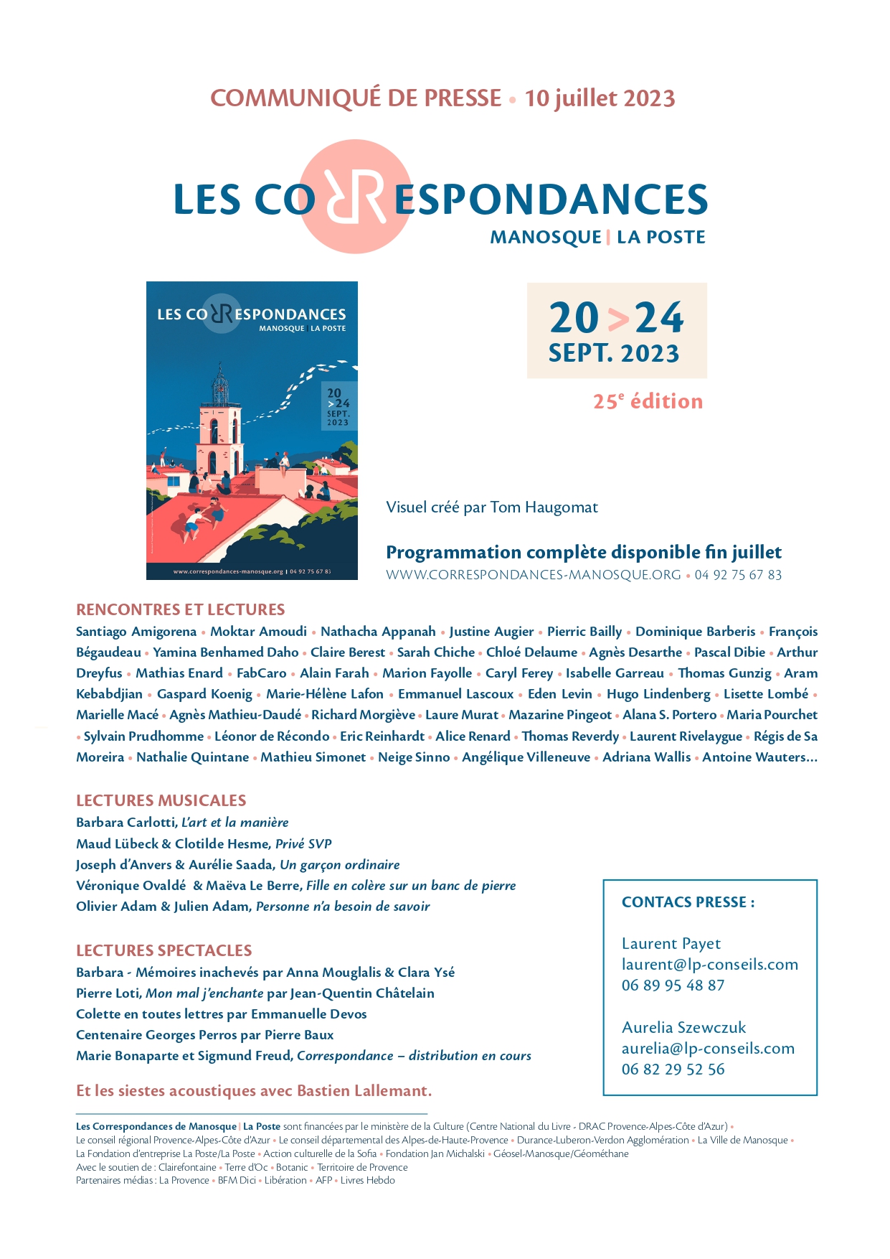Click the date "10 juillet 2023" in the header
coord(600,98)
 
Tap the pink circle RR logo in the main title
coord(355,197)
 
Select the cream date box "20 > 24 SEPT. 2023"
coord(617,330)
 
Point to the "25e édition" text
coord(648,401)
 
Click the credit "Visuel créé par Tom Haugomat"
coord(492,507)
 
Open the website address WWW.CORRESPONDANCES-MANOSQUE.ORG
coord(534,575)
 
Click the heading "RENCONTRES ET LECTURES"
coord(181,609)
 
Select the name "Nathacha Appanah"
coord(378,632)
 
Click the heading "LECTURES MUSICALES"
coord(161,800)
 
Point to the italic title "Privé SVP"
coord(303,844)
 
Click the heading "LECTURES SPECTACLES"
coord(164,950)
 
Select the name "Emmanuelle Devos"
coord(309,1014)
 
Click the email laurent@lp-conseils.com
coord(709,965)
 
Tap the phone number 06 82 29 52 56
coord(673,1070)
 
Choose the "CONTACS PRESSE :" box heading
coord(688,902)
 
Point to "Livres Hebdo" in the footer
coord(367,1180)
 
